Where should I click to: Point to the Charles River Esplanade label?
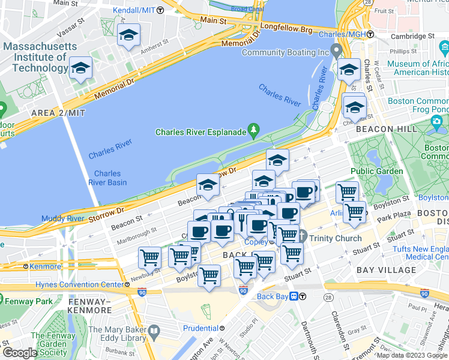[201, 132]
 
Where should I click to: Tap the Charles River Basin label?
[107, 178]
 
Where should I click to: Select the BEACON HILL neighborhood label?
[382, 129]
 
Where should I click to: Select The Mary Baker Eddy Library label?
[117, 335]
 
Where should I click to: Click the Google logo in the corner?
[20, 352]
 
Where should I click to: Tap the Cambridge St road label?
[411, 37]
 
